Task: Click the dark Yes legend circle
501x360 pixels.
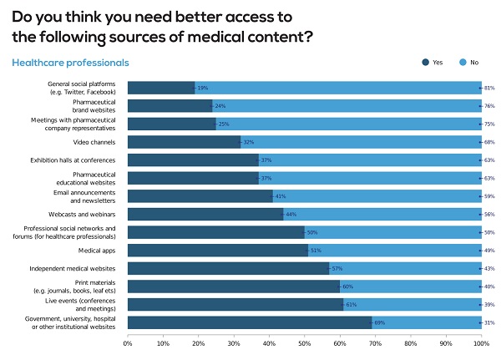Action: [x=426, y=62]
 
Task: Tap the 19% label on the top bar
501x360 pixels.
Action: [x=202, y=87]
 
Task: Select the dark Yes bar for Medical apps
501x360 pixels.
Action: [x=218, y=250]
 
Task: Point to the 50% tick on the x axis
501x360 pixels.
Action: [x=305, y=342]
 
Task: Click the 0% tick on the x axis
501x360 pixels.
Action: [x=129, y=342]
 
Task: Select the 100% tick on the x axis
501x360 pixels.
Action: [x=481, y=342]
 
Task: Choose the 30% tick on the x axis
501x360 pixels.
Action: [x=234, y=342]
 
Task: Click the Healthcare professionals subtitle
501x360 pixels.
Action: [x=70, y=62]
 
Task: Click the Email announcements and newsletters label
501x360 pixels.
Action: [x=86, y=195]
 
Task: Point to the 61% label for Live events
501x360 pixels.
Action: [x=351, y=304]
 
